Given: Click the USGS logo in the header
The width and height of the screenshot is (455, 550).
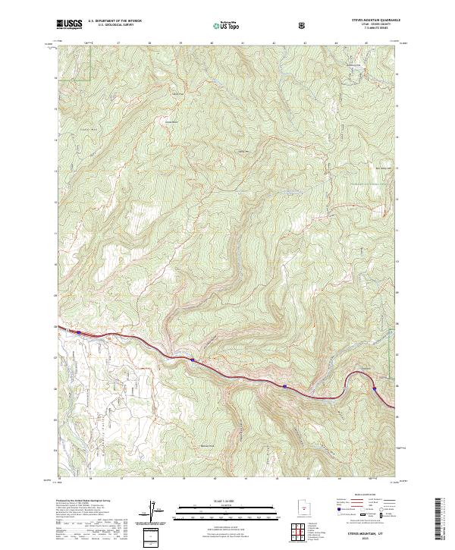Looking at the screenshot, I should point(69,25).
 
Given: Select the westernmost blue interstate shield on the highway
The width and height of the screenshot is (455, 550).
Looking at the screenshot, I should point(77,331).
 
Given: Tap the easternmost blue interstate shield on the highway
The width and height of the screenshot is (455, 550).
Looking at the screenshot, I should point(373,388).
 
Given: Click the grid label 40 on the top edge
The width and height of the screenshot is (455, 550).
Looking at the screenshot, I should point(212,42).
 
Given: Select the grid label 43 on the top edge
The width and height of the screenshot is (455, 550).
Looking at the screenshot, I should point(305,42).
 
